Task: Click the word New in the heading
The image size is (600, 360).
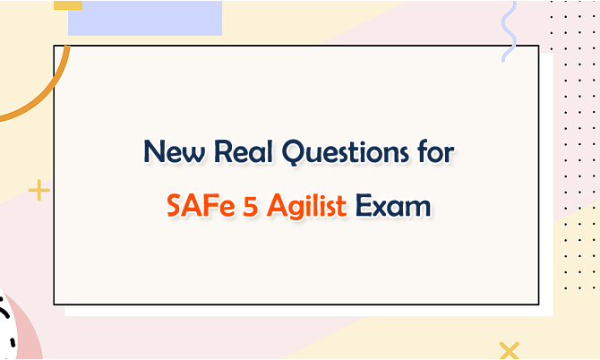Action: (174, 151)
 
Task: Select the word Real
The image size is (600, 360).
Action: (244, 151)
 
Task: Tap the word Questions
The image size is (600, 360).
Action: (345, 152)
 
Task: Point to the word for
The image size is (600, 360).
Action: (436, 150)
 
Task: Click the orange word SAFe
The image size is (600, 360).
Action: (201, 205)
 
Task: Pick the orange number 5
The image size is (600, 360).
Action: (251, 206)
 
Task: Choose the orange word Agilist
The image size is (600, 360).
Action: (306, 206)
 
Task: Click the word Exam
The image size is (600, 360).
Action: (393, 206)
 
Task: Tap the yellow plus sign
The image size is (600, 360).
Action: (39, 190)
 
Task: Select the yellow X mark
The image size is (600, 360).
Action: (510, 350)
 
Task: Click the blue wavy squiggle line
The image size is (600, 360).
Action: (510, 30)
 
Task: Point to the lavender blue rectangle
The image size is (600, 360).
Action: (145, 18)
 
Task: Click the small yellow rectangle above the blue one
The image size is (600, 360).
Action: (68, 5)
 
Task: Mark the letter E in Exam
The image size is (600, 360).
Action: (364, 206)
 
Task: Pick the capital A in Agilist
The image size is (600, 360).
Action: (277, 206)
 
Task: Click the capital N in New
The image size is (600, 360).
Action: (154, 151)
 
